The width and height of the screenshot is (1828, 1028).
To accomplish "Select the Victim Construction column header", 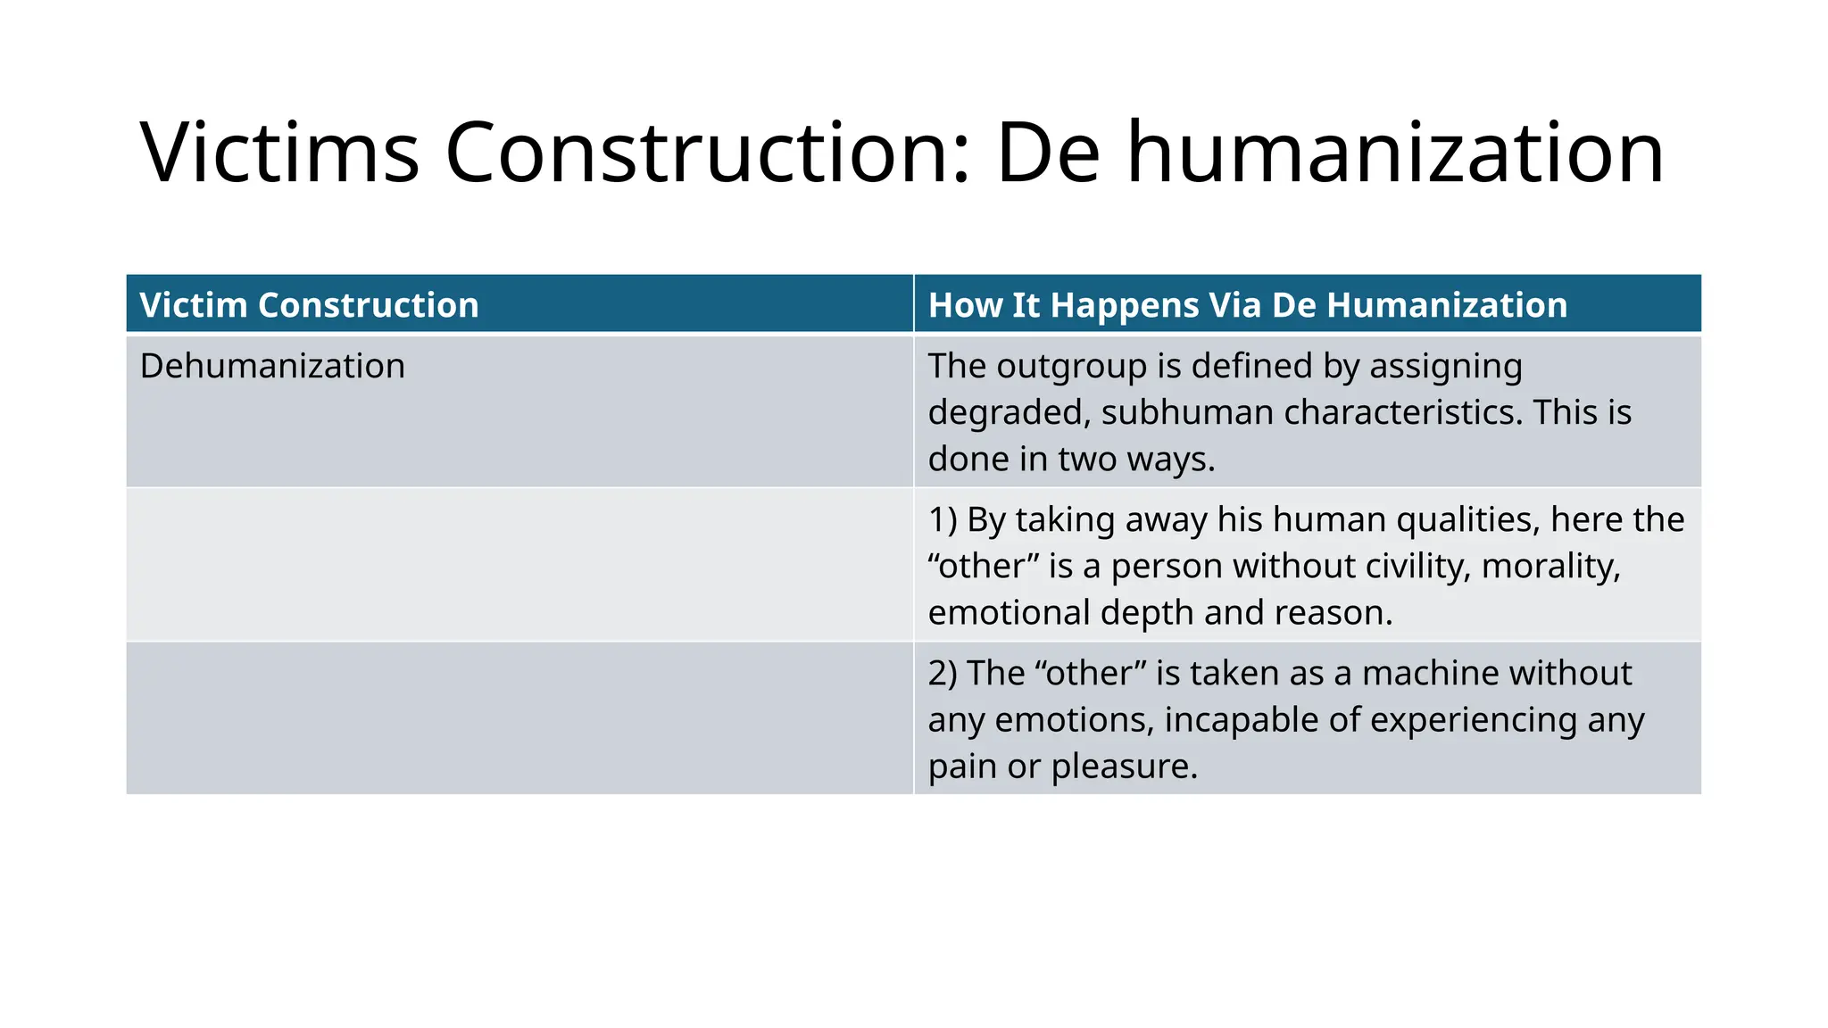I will pyautogui.click(x=309, y=305).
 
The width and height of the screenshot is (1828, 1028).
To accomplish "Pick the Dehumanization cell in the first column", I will pyautogui.click(x=272, y=366).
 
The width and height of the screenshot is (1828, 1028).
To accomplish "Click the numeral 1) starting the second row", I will pyautogui.click(x=943, y=519).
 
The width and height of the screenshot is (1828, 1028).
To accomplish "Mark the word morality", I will pyautogui.click(x=1550, y=566).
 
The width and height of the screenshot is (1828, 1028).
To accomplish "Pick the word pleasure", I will pyautogui.click(x=1124, y=766).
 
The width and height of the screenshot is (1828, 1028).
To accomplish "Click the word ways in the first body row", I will pyautogui.click(x=1170, y=459).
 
